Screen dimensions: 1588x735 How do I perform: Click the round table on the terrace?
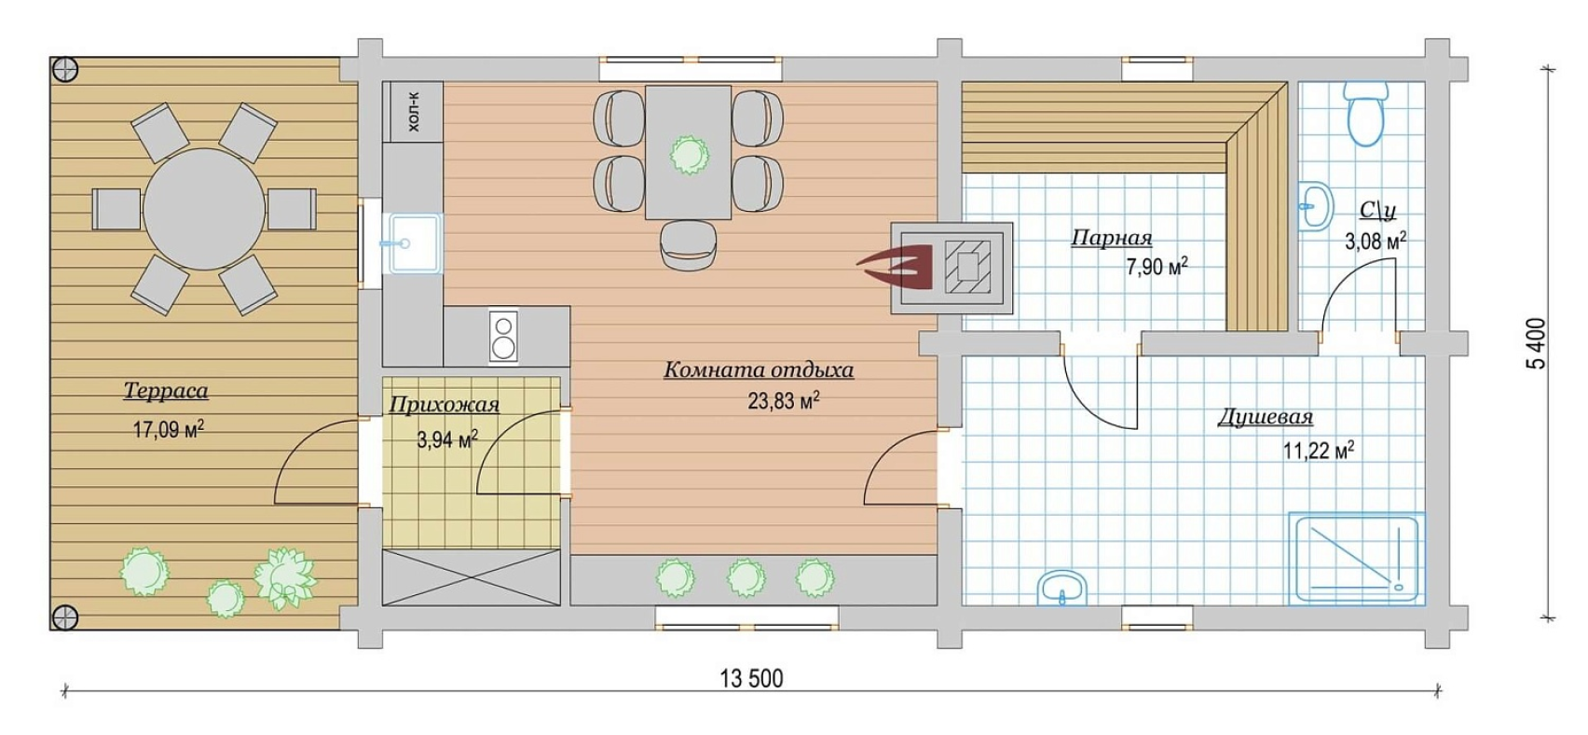coord(204,209)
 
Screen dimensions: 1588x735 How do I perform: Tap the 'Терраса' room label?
coord(166,391)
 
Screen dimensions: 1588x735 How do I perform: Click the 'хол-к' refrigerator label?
coord(414,112)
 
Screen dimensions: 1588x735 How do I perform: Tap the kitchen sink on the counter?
coord(413,243)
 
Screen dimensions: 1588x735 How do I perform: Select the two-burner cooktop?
coord(503,337)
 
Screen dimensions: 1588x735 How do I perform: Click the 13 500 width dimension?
coord(751,679)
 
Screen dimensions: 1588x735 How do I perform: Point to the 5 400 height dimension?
coord(1536,343)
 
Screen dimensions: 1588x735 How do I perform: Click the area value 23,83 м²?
coord(784,402)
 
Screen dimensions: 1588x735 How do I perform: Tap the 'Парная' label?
coord(1111,237)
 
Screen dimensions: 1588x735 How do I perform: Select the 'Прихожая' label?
coord(445,405)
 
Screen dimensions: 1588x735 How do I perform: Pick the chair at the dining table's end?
coord(689,244)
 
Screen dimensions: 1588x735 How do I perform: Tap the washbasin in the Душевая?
coord(1062,589)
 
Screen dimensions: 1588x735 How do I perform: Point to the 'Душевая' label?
coord(1265,417)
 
